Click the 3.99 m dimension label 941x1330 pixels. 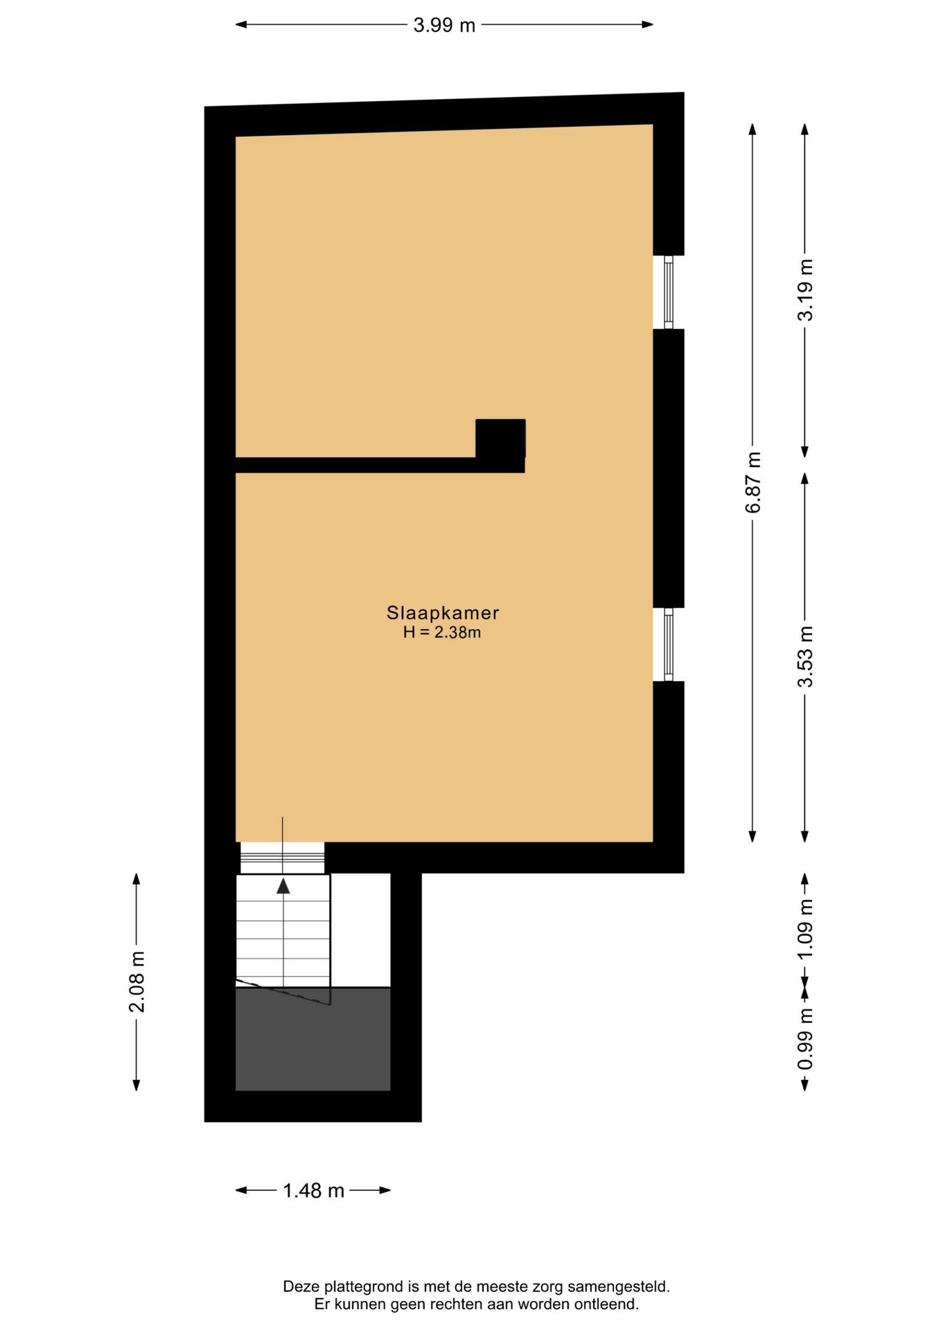444,26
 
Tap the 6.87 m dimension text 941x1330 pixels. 753,482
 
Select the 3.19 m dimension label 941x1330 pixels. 805,290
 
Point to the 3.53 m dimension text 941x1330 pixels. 805,656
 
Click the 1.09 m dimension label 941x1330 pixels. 805,929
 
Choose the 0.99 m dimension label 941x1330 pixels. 805,1039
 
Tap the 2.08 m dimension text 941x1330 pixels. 137,982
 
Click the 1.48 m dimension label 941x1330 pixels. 313,1191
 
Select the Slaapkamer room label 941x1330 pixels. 443,613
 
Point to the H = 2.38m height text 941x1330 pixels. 442,632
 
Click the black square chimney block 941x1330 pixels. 500,439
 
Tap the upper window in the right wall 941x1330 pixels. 669,292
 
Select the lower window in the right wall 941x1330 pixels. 669,644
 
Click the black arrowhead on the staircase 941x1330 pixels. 283,886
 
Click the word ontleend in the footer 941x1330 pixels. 607,1304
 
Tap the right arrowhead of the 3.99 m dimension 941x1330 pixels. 647,25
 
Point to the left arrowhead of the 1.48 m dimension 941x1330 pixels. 241,1190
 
